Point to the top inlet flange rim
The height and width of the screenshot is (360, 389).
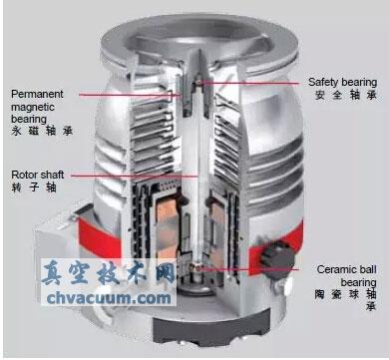pyautogui.click(x=194, y=22)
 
